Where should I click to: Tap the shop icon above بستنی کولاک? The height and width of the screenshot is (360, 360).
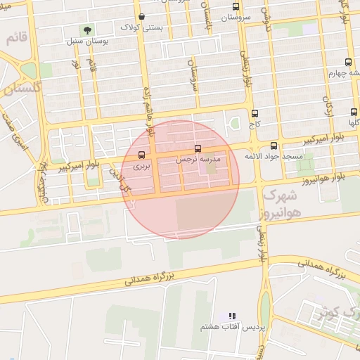[142, 16]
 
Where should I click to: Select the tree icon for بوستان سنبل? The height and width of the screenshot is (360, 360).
[87, 30]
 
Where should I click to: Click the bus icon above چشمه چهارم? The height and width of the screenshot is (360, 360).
[349, 62]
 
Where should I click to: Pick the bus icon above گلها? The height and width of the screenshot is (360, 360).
[354, 111]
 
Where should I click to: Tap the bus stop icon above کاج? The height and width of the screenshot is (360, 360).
[255, 113]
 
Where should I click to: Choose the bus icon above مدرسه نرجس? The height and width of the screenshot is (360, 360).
[198, 149]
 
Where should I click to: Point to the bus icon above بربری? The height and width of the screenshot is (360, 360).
[142, 155]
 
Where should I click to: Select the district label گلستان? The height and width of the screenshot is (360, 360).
[22, 89]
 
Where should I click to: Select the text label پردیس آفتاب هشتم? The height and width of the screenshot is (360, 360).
[232, 327]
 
